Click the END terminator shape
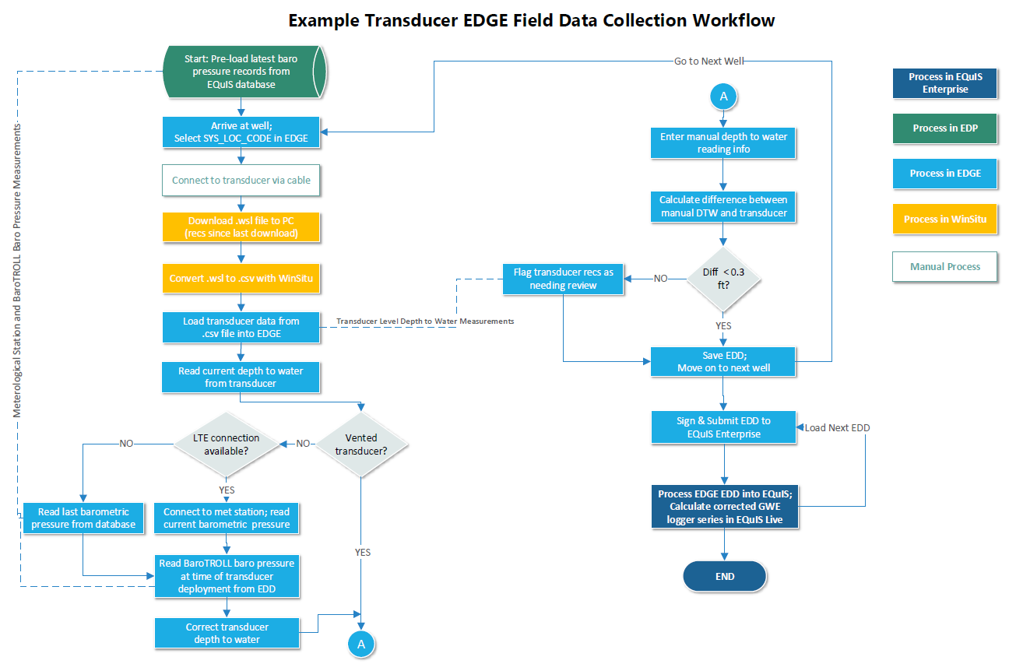pos(724,576)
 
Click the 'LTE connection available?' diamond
pos(226,444)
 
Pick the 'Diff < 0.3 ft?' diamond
pos(723,278)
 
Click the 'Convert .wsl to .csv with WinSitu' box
pos(241,278)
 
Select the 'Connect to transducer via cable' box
pos(241,180)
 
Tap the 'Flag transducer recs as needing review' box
pos(563,279)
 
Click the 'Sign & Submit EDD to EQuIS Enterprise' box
pos(723,427)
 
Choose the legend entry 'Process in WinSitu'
pos(944,220)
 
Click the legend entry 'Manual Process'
pos(944,267)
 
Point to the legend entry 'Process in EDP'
pos(944,128)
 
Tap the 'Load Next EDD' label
pos(837,428)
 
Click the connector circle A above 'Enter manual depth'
pos(723,97)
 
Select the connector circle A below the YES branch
pos(360,644)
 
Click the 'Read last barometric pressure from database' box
pos(83,518)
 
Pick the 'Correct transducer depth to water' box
pos(227,633)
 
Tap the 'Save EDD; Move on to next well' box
pos(723,361)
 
